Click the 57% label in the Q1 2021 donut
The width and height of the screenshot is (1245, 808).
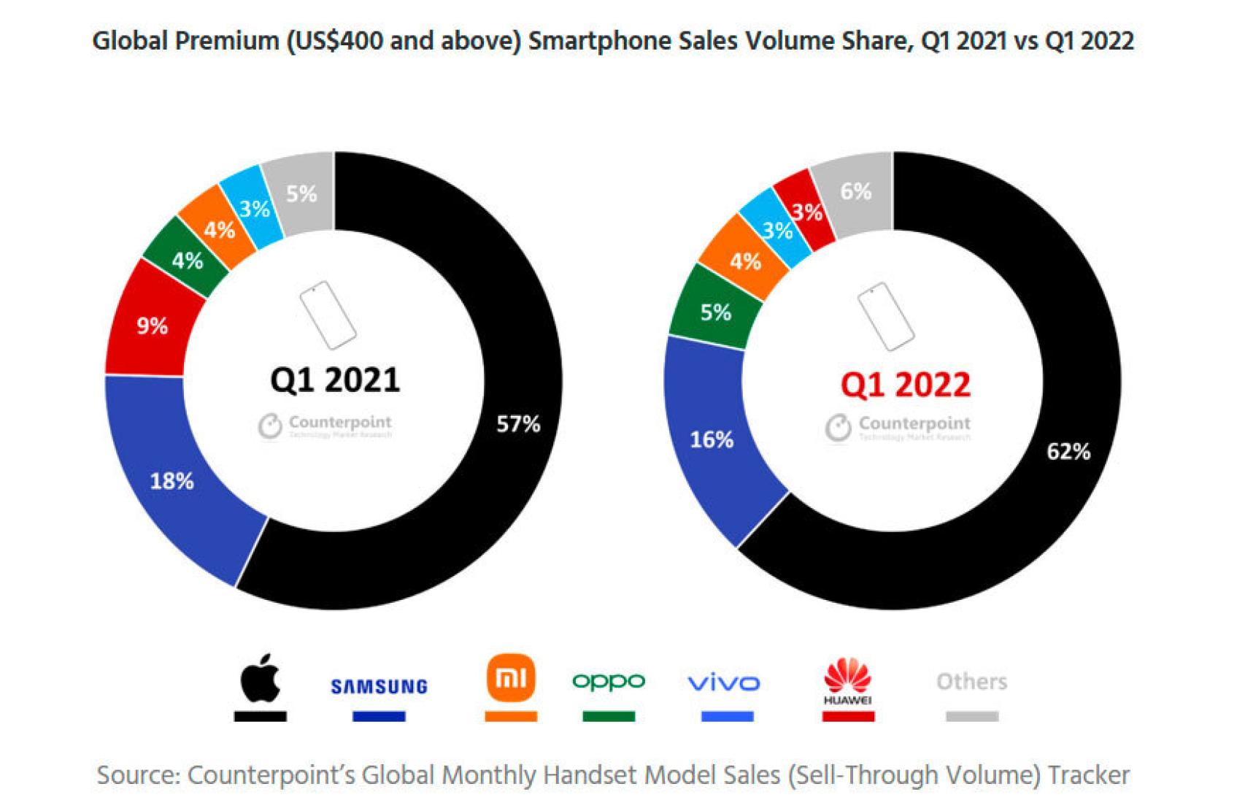pyautogui.click(x=518, y=423)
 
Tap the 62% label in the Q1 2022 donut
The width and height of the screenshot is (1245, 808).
pyautogui.click(x=1068, y=451)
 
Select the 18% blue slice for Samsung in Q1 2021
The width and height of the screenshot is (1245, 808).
pyautogui.click(x=172, y=480)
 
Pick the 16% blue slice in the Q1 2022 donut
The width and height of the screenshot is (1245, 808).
pyautogui.click(x=712, y=439)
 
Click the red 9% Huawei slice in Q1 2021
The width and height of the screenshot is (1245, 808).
pyautogui.click(x=152, y=326)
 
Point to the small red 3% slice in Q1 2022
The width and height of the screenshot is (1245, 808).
pyautogui.click(x=807, y=212)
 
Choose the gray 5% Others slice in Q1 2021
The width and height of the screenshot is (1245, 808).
pyautogui.click(x=301, y=193)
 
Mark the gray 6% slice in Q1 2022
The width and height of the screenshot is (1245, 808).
pyautogui.click(x=855, y=191)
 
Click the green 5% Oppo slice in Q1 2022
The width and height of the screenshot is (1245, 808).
pyautogui.click(x=715, y=312)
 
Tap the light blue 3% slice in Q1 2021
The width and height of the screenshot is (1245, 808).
pyautogui.click(x=255, y=209)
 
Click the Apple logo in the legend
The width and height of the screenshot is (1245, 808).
pyautogui.click(x=261, y=678)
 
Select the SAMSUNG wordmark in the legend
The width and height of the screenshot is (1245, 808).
pyautogui.click(x=379, y=686)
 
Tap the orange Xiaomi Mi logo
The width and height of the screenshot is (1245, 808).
pyautogui.click(x=511, y=678)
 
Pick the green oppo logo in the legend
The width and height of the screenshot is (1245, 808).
pyautogui.click(x=609, y=681)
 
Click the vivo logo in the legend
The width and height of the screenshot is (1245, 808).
pyautogui.click(x=724, y=683)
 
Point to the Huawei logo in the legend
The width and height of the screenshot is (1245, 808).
pyautogui.click(x=847, y=680)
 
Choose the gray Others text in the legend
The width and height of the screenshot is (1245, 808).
pyautogui.click(x=971, y=681)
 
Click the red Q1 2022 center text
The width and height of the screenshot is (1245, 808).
pyautogui.click(x=905, y=385)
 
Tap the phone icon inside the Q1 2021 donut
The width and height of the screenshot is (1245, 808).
pyautogui.click(x=328, y=315)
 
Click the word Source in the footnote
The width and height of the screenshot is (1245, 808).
pyautogui.click(x=137, y=774)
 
